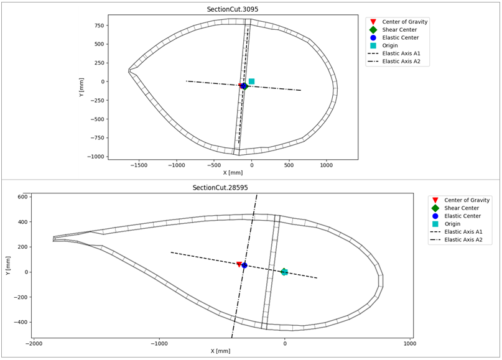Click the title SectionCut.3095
pos(233,10)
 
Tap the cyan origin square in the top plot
pos(251,81)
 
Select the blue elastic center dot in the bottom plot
pos(244,265)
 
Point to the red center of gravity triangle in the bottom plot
pos(239,264)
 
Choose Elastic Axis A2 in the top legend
pos(406,61)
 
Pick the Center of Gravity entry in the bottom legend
pos(467,200)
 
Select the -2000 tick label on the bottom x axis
pos(35,343)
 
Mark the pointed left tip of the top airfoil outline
pos(129,70)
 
